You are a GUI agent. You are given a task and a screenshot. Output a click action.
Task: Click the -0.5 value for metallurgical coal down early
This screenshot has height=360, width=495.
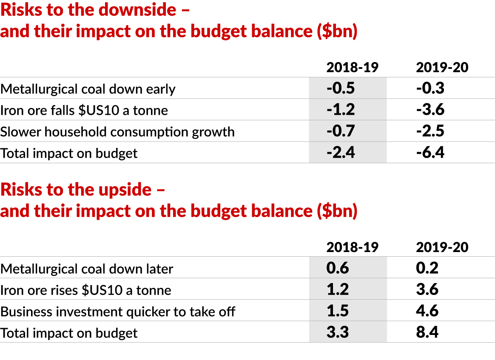(341, 88)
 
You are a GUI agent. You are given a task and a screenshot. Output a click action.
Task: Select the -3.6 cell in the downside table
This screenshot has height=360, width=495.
(430, 110)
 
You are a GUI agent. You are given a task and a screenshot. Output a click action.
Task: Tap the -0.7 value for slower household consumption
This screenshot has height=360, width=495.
(341, 131)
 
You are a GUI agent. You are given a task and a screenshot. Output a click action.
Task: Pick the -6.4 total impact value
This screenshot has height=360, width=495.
(430, 152)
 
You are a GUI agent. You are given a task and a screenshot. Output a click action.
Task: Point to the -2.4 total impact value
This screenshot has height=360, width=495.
(341, 152)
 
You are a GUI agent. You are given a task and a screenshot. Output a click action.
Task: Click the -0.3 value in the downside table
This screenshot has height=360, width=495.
(430, 88)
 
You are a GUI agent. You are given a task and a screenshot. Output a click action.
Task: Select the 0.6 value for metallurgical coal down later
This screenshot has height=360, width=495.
(338, 268)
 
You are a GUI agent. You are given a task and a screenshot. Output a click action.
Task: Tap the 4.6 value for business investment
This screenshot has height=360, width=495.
(427, 310)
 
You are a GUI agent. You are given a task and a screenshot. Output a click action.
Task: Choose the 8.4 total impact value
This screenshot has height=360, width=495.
(427, 332)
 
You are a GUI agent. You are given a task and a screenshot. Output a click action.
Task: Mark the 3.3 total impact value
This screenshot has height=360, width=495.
(338, 332)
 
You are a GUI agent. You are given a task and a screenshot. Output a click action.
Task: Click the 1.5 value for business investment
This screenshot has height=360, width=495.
(338, 310)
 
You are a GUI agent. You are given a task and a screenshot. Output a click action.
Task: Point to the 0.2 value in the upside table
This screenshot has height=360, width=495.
(427, 268)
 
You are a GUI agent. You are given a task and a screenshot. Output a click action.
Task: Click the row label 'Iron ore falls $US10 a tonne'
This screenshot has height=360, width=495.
(84, 111)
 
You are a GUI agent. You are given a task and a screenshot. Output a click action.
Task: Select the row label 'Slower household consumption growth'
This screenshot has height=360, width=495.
(117, 132)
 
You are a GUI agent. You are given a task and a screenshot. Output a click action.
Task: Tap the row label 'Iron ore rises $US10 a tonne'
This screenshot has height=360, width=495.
(86, 290)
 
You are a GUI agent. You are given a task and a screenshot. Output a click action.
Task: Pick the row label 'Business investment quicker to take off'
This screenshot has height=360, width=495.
(118, 312)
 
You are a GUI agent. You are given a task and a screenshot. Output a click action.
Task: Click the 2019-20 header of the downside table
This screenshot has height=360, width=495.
(442, 67)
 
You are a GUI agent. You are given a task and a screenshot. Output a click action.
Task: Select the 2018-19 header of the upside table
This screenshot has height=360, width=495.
(352, 247)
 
